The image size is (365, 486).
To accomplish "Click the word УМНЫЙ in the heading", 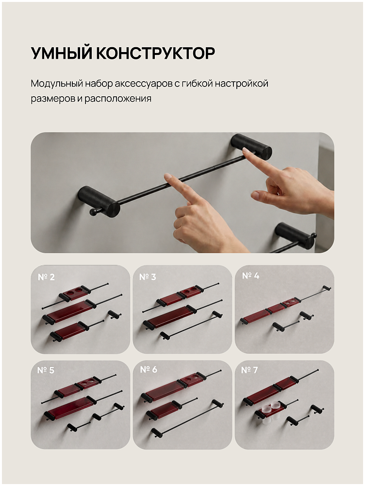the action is tap(62, 53).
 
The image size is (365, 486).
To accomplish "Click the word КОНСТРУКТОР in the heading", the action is tap(156, 53).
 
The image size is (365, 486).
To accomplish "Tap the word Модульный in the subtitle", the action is tap(57, 84).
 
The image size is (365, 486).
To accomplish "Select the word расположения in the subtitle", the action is tap(118, 99).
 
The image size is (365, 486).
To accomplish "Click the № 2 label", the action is tap(46, 277).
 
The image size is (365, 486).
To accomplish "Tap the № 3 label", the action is tap(148, 277).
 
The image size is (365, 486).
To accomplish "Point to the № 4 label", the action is tap(251, 276).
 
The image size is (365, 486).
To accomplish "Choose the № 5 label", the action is tap(46, 370).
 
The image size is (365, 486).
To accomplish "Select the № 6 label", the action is tap(149, 369).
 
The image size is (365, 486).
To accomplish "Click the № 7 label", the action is tap(249, 370).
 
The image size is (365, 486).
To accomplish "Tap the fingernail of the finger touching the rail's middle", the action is tap(167, 176).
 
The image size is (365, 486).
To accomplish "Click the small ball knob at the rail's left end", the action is tap(93, 212).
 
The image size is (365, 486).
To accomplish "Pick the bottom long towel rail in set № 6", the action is tap(187, 419).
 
